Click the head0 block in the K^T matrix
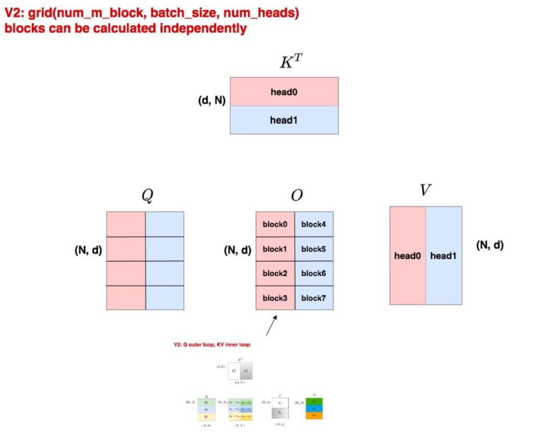pos(284,92)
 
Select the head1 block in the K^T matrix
pos(284,120)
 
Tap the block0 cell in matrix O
pos(275,224)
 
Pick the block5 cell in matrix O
pos(313,249)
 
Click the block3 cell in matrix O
pos(275,298)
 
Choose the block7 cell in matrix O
pos(313,298)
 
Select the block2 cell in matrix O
pos(275,273)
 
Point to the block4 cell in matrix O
pos(313,224)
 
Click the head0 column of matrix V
pos(407,256)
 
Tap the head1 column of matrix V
pos(443,256)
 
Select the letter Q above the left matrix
pos(147,196)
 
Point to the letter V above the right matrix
pos(425,191)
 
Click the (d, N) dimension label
pos(212,100)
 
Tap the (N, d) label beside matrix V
pos(490,245)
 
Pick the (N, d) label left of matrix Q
pos(88,250)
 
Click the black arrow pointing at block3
pos(271,326)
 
